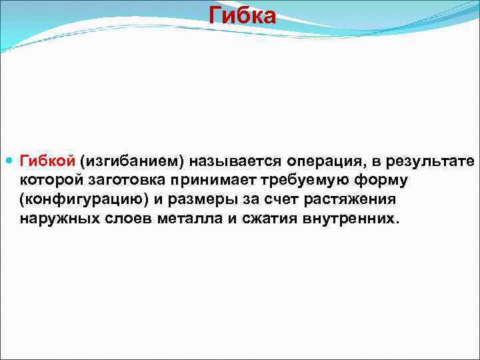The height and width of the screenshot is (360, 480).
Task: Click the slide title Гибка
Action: [x=241, y=15]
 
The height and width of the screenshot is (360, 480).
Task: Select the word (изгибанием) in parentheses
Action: [x=132, y=162]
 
